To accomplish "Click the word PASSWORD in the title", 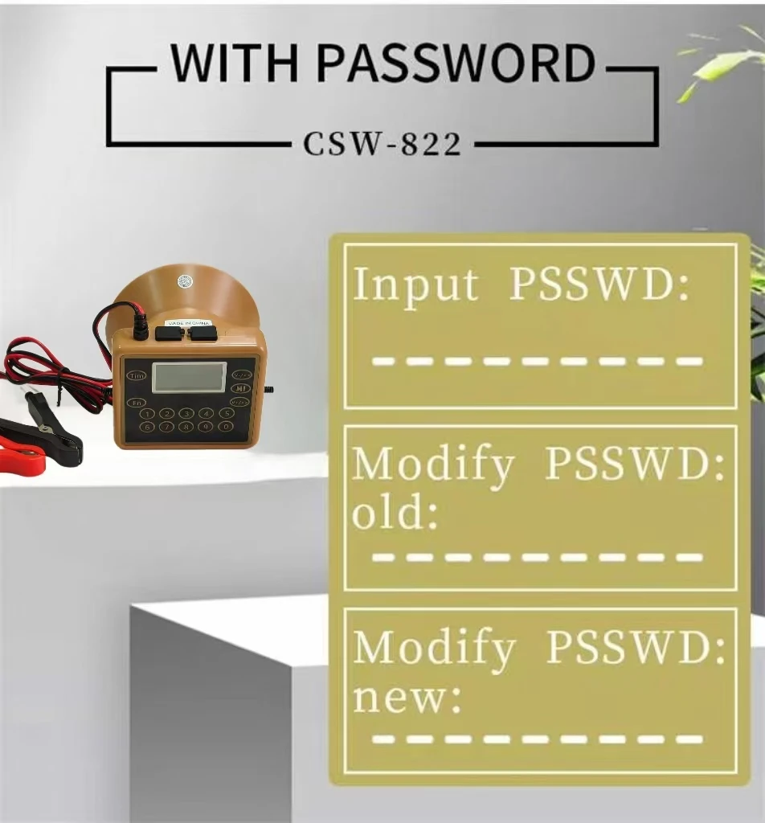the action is coord(456,63).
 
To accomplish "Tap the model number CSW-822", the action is coord(382,144).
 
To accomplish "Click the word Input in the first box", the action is coord(415,285).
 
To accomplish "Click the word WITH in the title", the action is coord(235,63).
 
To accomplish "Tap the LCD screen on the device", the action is coord(190,377).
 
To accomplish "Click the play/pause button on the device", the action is coord(241,388).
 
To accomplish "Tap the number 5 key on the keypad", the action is coord(226,414).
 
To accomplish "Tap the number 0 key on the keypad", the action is coord(226,426).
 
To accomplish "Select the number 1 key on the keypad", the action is coord(147,414).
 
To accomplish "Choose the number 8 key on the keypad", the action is coord(186,427).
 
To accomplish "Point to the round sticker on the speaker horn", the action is coord(185,282).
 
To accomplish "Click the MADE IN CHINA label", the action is coord(188,323).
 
